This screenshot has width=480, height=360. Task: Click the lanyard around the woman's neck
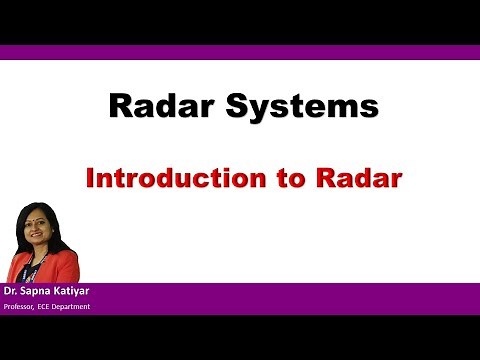click(45, 262)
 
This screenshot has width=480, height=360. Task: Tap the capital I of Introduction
click(90, 179)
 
